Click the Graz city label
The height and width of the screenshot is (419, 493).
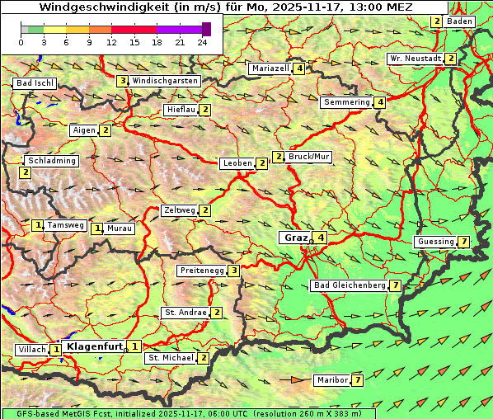pyautogui.click(x=294, y=238)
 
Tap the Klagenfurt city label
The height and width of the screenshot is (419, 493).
pyautogui.click(x=94, y=346)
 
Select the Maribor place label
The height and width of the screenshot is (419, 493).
pyautogui.click(x=331, y=380)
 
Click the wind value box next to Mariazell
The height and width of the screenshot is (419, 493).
pyautogui.click(x=298, y=68)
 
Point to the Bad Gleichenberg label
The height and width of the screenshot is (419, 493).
pyautogui.click(x=350, y=285)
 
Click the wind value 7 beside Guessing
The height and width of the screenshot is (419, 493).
pyautogui.click(x=464, y=242)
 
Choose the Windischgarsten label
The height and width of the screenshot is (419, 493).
pyautogui.click(x=165, y=81)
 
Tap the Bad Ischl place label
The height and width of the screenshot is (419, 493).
pyautogui.click(x=35, y=83)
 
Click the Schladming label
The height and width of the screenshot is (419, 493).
pyautogui.click(x=51, y=161)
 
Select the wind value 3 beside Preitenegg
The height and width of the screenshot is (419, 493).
pyautogui.click(x=235, y=271)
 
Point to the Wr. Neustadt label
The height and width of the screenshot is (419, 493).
pyautogui.click(x=415, y=59)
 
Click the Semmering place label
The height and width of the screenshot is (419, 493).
pyautogui.click(x=346, y=102)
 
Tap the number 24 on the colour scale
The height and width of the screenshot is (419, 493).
pyautogui.click(x=203, y=42)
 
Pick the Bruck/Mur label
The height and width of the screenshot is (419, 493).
pyautogui.click(x=308, y=156)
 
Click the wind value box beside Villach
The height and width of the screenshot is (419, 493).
pyautogui.click(x=56, y=350)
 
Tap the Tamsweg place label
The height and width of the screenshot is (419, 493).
pyautogui.click(x=65, y=225)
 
